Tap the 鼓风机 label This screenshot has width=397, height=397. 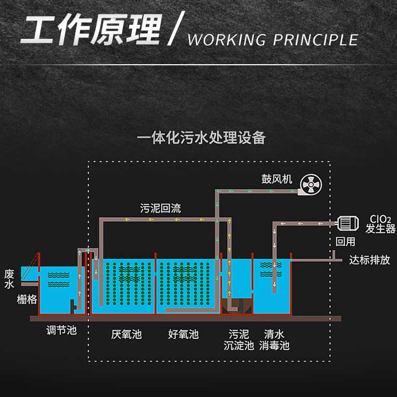click(x=277, y=179)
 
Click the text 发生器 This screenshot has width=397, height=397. click(x=380, y=229)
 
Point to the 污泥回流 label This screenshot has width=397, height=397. click(x=160, y=209)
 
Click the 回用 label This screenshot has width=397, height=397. click(x=346, y=241)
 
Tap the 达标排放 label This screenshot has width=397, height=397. click(x=369, y=260)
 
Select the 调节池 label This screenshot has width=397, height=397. click(x=62, y=330)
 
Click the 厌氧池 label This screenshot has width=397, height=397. click(x=126, y=334)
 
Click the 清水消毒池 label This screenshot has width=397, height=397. click(x=274, y=340)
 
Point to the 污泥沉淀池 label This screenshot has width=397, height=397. click(x=239, y=340)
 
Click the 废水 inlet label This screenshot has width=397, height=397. click(x=9, y=278)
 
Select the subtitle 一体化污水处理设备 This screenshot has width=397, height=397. click(x=201, y=138)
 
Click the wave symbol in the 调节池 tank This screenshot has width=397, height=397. click(x=58, y=278)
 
